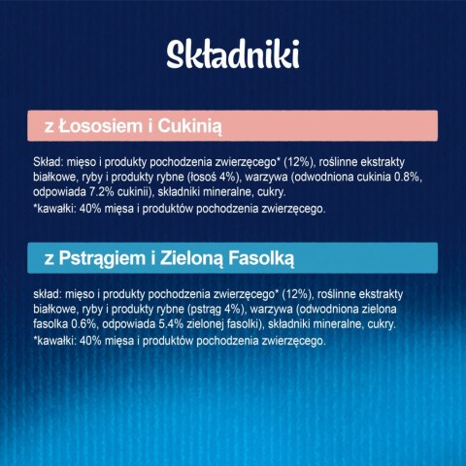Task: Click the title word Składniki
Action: tap(233, 53)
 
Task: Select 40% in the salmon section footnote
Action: tap(89, 208)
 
